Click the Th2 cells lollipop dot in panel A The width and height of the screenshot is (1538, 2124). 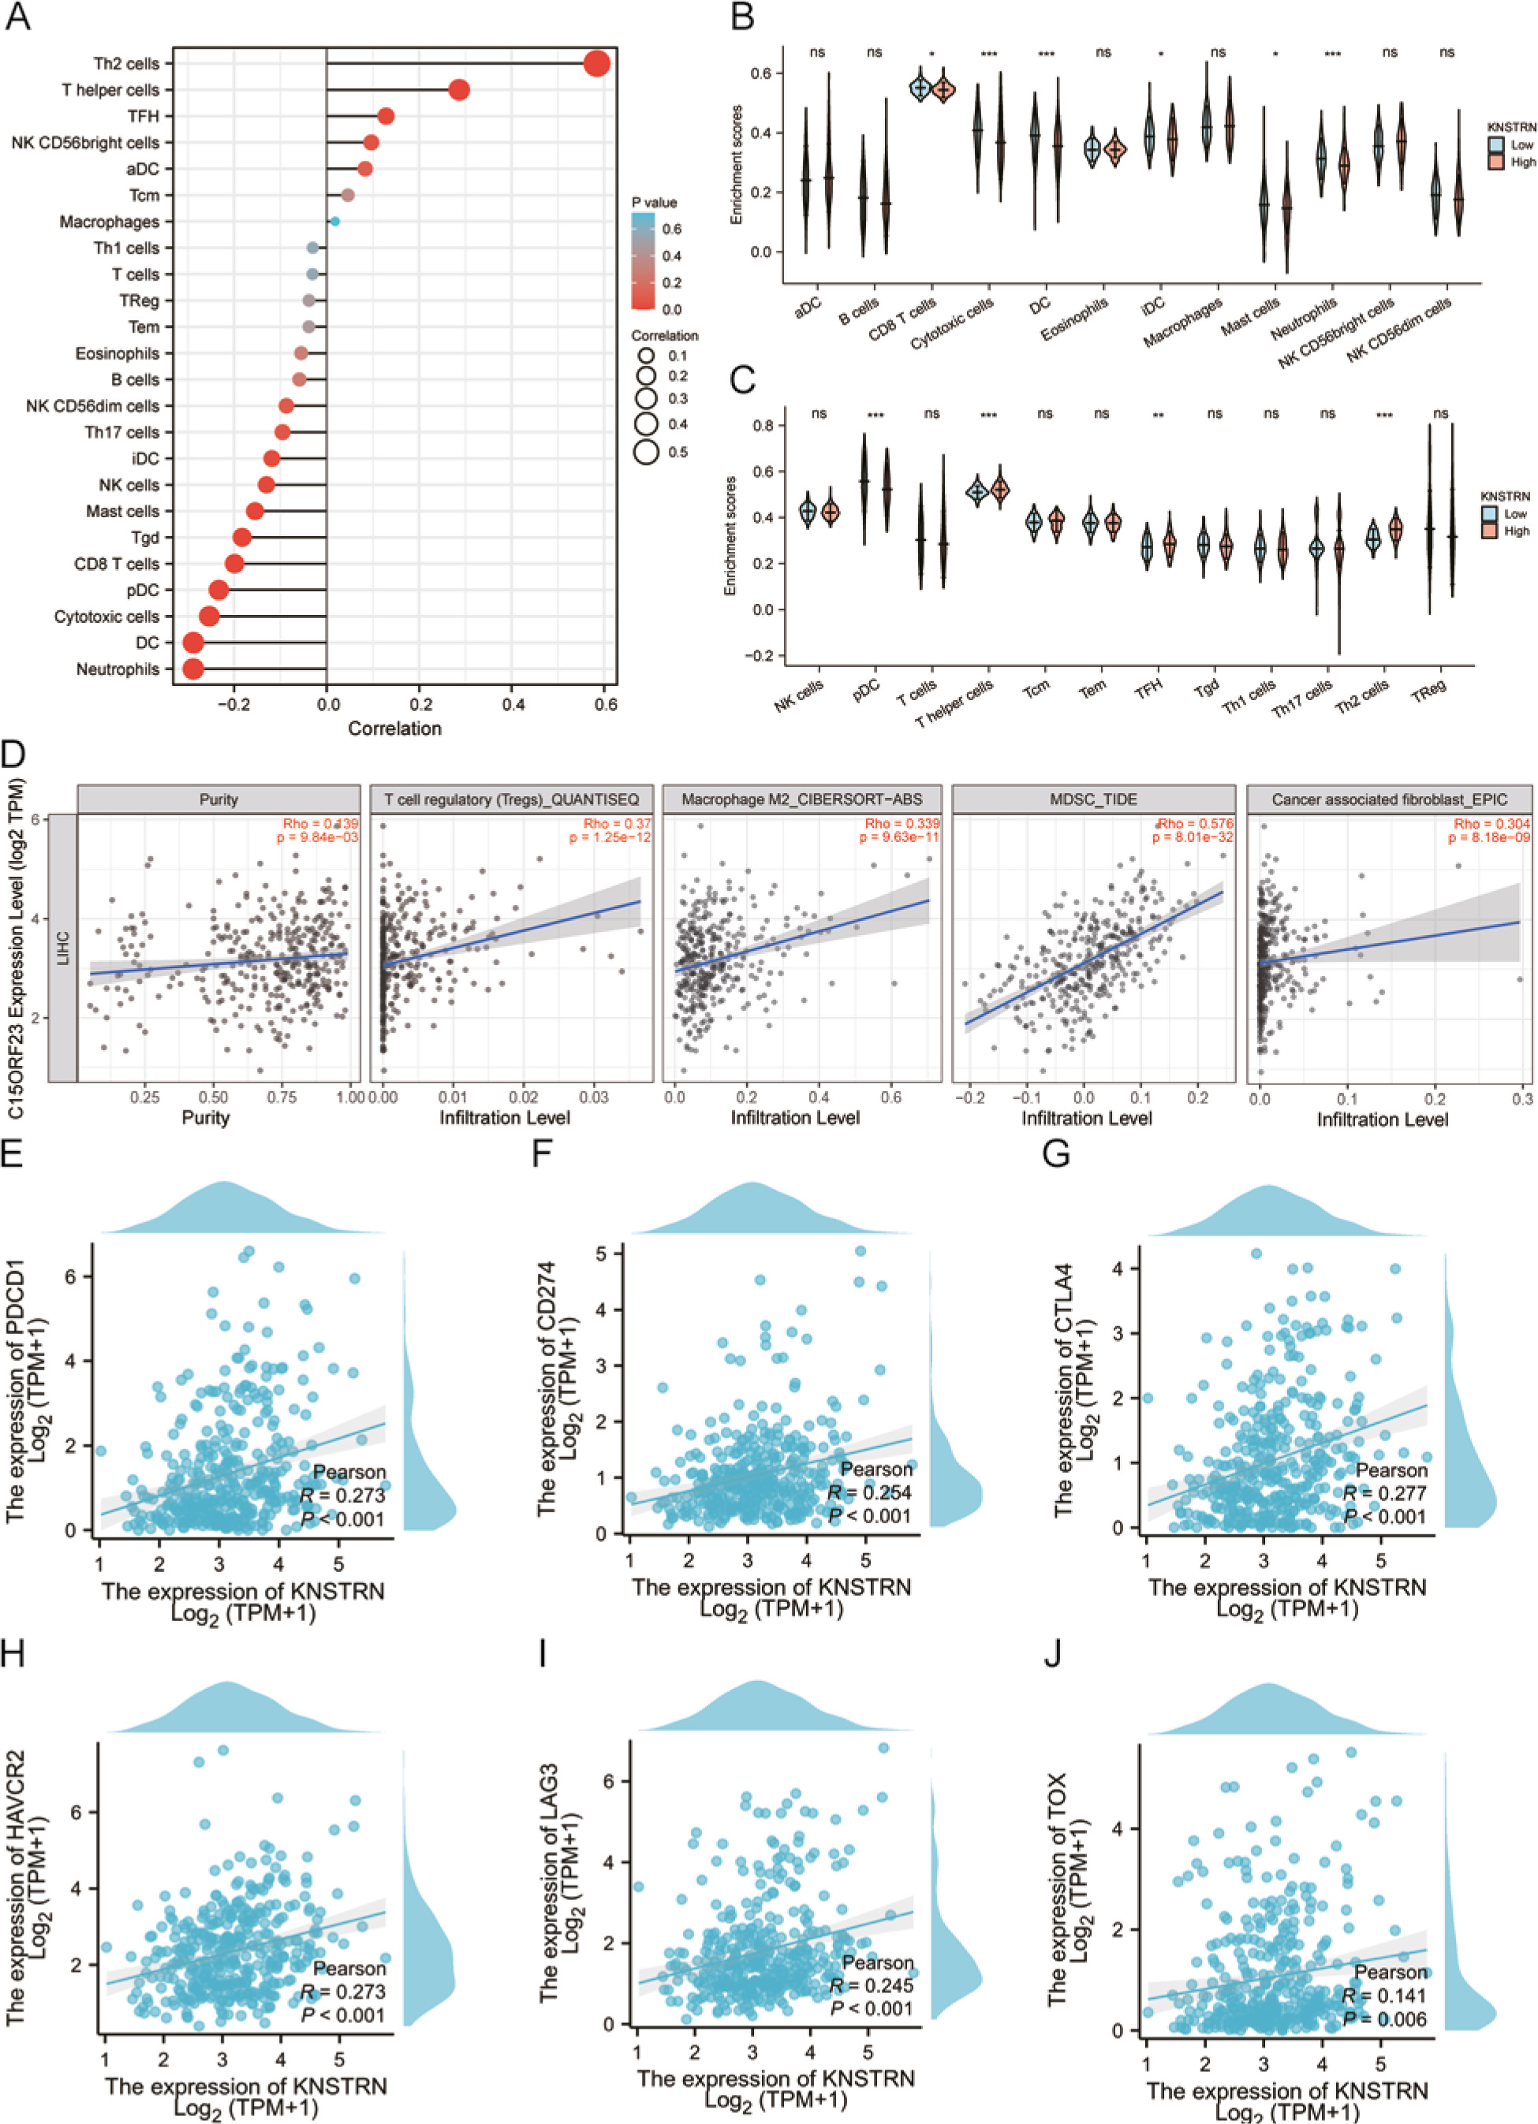pyautogui.click(x=596, y=64)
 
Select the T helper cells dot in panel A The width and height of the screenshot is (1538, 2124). pyautogui.click(x=459, y=90)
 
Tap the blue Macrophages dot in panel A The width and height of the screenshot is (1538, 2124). pyautogui.click(x=334, y=222)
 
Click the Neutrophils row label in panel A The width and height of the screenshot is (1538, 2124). pyautogui.click(x=118, y=669)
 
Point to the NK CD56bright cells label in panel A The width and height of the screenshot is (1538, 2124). pyautogui.click(x=85, y=143)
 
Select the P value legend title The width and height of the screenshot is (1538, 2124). pyautogui.click(x=654, y=203)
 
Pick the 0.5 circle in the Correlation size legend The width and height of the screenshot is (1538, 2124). pyautogui.click(x=646, y=453)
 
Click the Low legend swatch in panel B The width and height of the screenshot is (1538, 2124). pyautogui.click(x=1496, y=145)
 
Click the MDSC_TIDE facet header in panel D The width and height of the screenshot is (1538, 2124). pyautogui.click(x=1093, y=799)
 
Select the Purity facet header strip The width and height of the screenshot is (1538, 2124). pyautogui.click(x=218, y=799)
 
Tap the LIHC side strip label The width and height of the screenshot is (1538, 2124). pyautogui.click(x=64, y=947)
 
